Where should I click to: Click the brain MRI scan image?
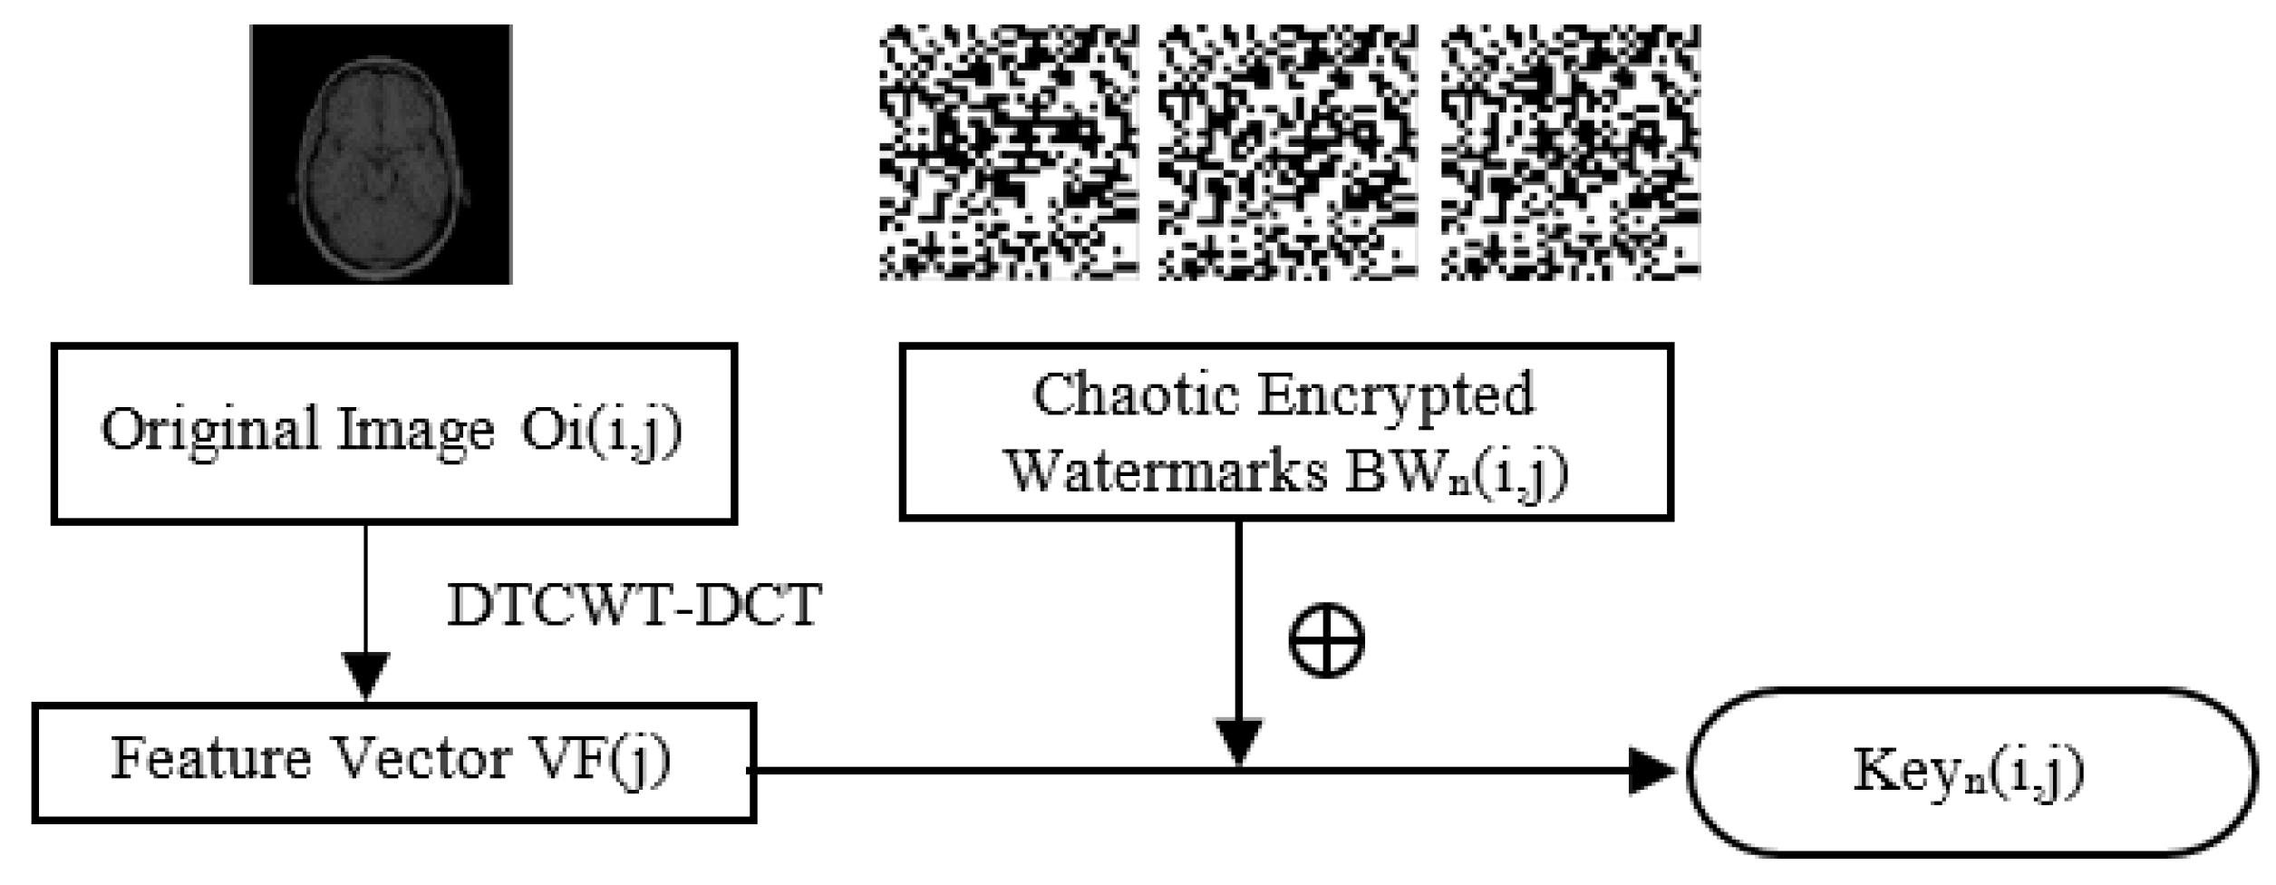[381, 154]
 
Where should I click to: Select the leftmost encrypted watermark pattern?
[1009, 152]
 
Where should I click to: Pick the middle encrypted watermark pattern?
[1288, 152]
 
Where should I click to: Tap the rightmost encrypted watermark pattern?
[1570, 152]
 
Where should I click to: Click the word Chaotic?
[1138, 395]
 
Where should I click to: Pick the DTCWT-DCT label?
[634, 606]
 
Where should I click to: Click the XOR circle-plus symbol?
[1326, 640]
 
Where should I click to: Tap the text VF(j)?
[608, 760]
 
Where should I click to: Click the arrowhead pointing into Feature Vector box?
[365, 676]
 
